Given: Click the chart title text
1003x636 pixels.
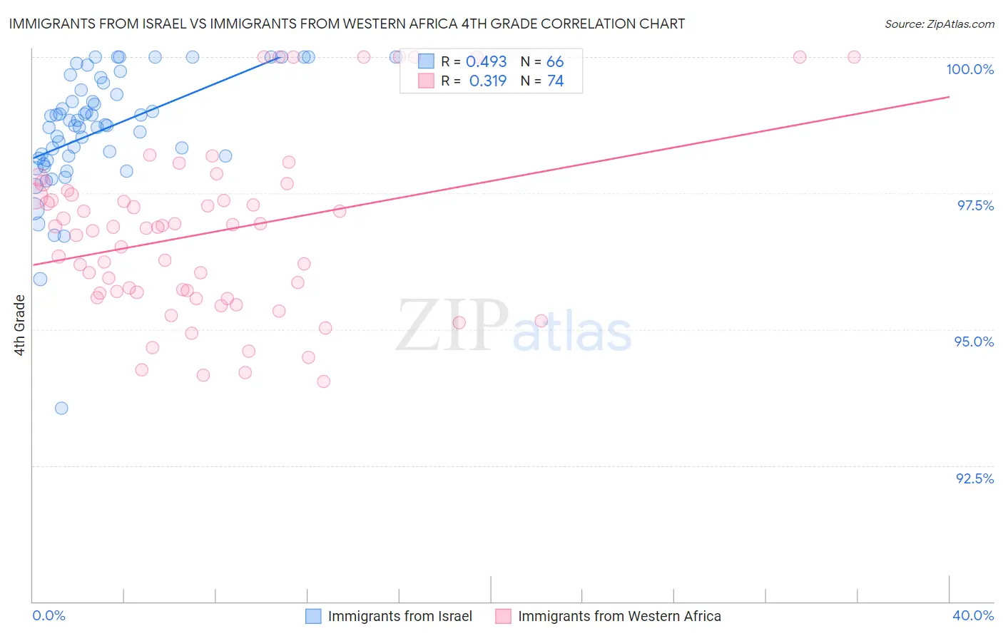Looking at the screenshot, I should click(347, 24).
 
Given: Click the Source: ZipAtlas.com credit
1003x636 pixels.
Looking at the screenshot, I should click(939, 24).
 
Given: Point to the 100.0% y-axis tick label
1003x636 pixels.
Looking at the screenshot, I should click(969, 69).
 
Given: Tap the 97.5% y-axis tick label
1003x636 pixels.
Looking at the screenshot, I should click(974, 205).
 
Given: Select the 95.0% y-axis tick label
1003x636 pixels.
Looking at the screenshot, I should click(974, 342).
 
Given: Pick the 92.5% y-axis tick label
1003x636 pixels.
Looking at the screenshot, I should click(974, 478).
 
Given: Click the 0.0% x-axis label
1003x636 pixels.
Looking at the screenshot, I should click(49, 615).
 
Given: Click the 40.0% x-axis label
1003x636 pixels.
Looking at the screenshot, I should click(972, 615).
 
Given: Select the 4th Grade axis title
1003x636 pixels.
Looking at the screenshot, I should click(20, 325).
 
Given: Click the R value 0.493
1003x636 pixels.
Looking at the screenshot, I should click(486, 62).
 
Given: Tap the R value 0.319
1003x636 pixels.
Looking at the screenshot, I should click(487, 81).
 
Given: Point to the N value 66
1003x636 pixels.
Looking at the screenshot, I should click(555, 62).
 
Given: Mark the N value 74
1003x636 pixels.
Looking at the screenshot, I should click(555, 81).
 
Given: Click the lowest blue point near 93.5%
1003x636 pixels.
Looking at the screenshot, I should click(61, 408).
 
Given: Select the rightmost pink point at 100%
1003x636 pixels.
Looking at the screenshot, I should click(854, 57).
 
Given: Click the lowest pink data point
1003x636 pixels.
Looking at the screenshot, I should click(323, 381).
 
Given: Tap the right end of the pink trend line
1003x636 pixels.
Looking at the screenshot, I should click(949, 97).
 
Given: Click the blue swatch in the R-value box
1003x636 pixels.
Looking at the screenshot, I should click(426, 61).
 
